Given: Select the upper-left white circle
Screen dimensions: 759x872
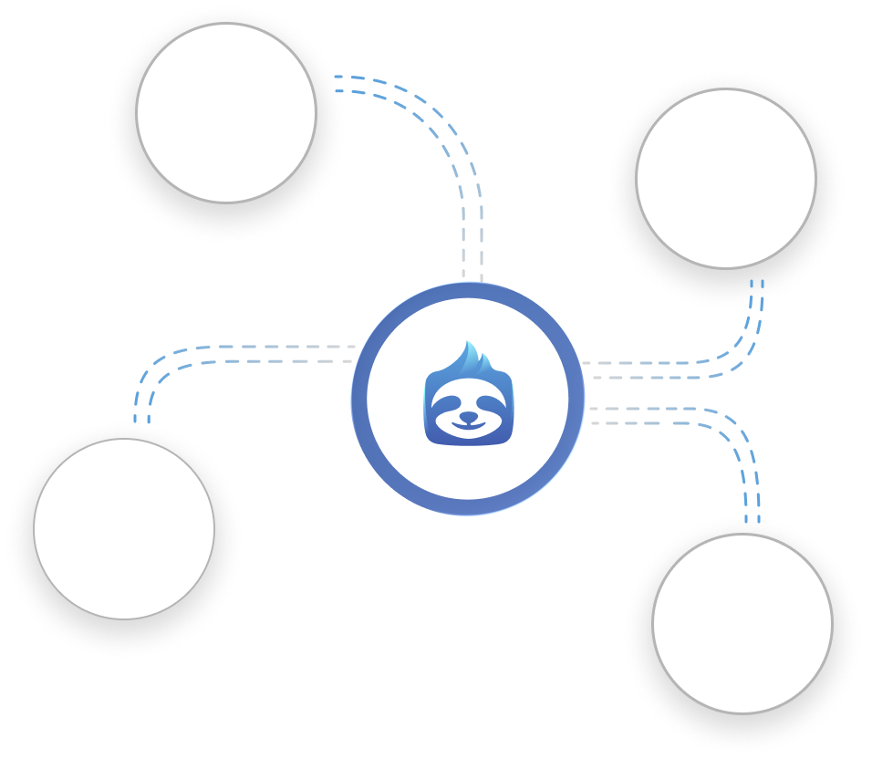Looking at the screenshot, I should tap(226, 111).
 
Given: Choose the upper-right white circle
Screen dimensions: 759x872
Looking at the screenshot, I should tap(725, 178).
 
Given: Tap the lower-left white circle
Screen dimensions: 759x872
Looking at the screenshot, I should tap(124, 528).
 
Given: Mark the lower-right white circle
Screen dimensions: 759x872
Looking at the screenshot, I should tap(742, 623).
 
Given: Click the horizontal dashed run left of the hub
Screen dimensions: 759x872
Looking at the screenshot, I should tap(274, 355).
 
